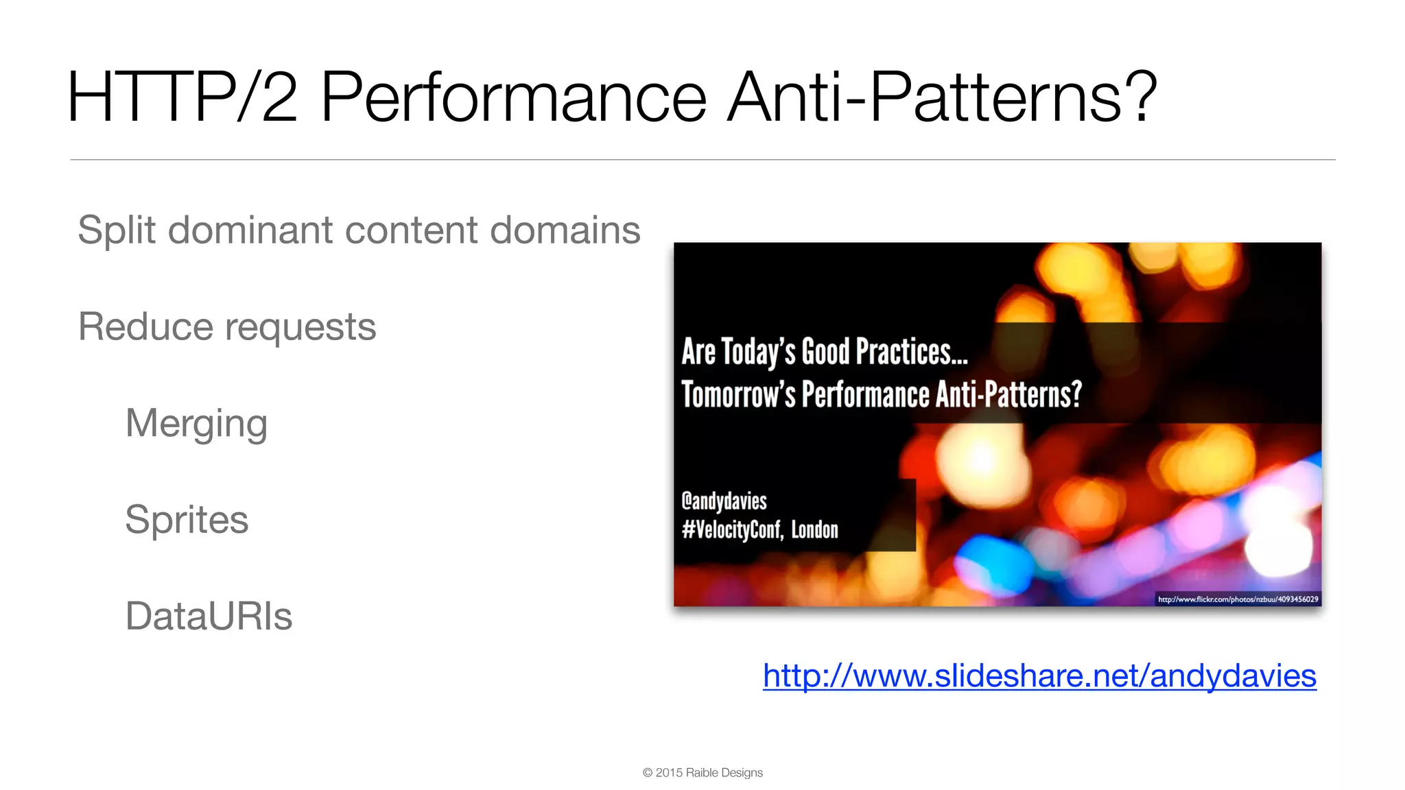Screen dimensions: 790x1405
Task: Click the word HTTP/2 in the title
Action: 182,97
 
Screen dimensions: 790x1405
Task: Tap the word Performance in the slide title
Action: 513,97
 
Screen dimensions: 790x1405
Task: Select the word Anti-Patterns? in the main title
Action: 942,97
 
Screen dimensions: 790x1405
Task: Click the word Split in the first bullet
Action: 117,230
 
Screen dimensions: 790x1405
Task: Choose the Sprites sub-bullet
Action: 187,520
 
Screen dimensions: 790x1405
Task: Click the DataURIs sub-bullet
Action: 209,616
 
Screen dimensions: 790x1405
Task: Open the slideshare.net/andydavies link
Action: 1039,676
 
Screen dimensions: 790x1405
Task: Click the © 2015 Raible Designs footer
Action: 702,773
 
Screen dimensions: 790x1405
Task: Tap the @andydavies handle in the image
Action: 724,501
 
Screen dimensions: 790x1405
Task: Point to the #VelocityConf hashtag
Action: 731,530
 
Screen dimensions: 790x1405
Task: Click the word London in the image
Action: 814,530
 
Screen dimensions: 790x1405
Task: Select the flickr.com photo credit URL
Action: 1238,599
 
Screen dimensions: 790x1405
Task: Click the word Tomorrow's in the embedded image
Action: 738,395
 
